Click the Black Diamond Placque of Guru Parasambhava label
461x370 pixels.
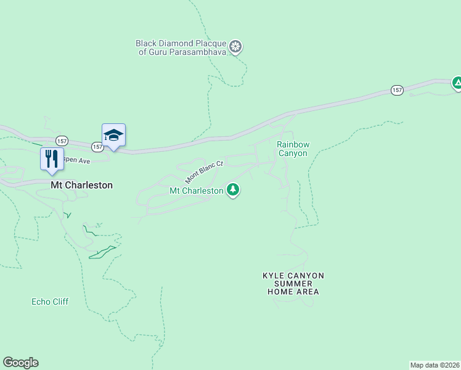(182, 47)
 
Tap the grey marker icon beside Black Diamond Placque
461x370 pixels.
(235, 46)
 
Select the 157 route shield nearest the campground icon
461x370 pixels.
(398, 90)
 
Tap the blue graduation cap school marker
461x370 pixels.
(113, 134)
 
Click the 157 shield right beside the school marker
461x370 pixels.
(97, 147)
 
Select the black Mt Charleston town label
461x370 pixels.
(81, 184)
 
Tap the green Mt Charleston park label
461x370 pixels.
(196, 191)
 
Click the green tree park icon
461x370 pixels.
(233, 190)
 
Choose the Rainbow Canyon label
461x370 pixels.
(292, 149)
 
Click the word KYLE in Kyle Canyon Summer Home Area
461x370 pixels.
(274, 276)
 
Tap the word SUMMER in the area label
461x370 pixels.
(294, 284)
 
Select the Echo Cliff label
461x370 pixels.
(50, 302)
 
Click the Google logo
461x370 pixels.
(20, 363)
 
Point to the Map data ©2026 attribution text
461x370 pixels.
(434, 365)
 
